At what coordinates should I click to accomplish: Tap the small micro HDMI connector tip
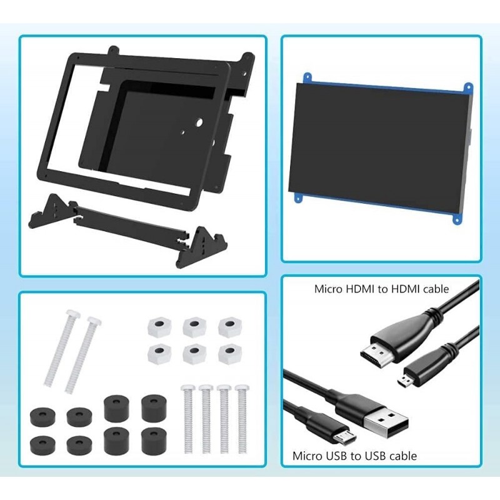click(x=406, y=381)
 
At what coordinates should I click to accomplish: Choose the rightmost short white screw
click(x=242, y=419)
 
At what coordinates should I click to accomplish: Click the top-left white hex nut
click(x=159, y=326)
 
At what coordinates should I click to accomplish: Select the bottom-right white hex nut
click(x=229, y=353)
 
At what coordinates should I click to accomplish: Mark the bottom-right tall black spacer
click(x=154, y=441)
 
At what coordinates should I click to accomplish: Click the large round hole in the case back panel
click(x=199, y=122)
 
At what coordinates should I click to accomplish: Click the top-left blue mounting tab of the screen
click(x=307, y=77)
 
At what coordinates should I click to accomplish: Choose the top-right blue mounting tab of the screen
click(x=467, y=87)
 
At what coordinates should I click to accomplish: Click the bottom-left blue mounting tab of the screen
click(x=298, y=197)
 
